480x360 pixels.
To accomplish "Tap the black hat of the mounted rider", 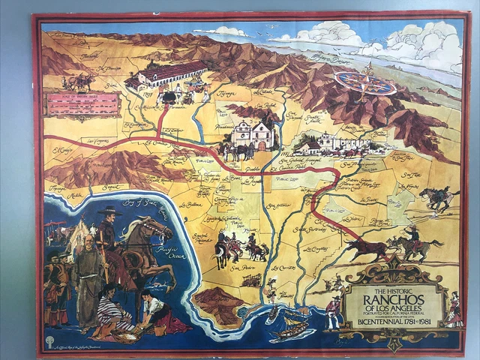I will [109, 211].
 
